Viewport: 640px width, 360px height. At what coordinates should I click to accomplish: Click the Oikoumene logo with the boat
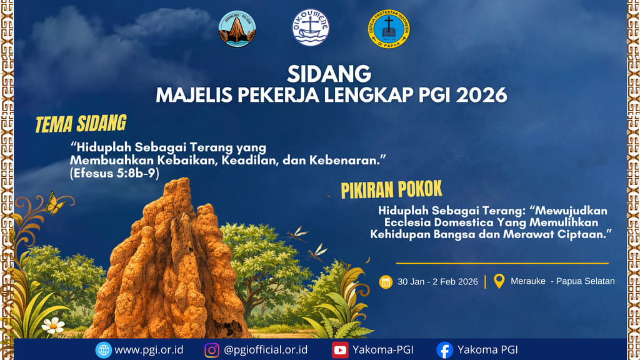[311, 27]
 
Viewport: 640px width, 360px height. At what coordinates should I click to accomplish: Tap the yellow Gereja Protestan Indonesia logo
[389, 29]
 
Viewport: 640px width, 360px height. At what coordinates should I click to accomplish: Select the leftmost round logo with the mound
[237, 29]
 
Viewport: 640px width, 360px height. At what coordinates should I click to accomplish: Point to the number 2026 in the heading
[481, 95]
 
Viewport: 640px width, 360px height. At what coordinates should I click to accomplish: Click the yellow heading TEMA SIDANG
[81, 124]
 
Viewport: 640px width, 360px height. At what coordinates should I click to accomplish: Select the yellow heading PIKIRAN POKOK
[391, 189]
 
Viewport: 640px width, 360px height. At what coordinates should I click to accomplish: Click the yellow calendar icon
[386, 281]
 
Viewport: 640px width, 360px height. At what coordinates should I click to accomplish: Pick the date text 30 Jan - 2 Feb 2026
[437, 281]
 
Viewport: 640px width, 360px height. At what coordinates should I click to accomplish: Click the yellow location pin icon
[499, 281]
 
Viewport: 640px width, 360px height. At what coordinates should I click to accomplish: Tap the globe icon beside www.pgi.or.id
[103, 350]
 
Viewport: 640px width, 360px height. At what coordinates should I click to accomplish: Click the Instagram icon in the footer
[212, 350]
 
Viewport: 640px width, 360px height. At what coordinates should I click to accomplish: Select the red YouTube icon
[340, 350]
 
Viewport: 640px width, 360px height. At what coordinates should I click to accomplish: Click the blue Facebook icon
[444, 350]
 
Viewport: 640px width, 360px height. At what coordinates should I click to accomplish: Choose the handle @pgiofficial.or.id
[266, 350]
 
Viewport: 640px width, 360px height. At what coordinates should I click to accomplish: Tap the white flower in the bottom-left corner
[53, 324]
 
